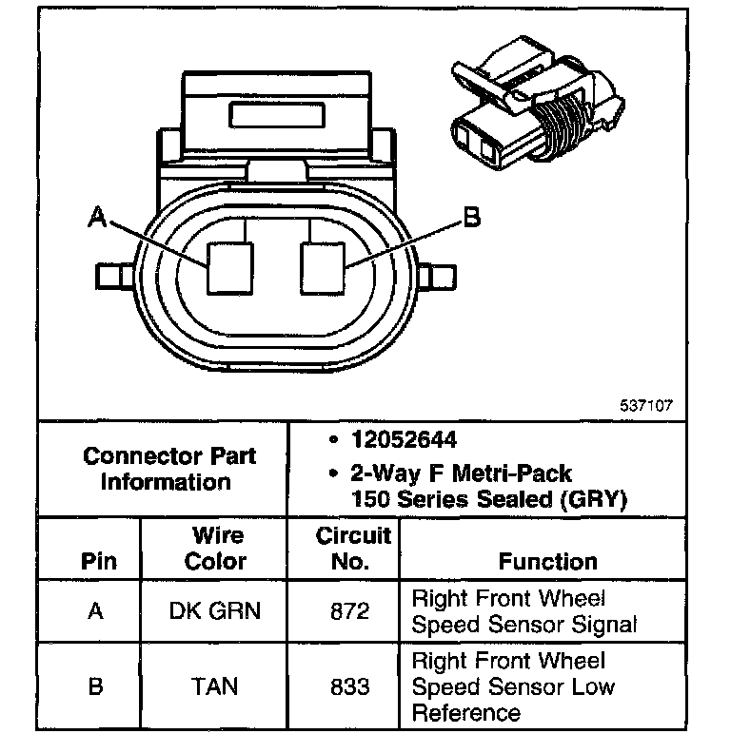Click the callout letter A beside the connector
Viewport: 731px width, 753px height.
point(96,218)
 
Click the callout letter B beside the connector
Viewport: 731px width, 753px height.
point(471,218)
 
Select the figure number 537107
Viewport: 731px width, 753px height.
point(646,404)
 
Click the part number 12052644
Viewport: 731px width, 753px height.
point(403,440)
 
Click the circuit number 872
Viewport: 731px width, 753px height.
point(349,611)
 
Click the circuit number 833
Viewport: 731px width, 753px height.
point(349,685)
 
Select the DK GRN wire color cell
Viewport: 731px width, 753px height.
point(214,611)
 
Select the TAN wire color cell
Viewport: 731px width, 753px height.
point(214,685)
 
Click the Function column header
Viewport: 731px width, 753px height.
point(547,561)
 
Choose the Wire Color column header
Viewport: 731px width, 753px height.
point(215,548)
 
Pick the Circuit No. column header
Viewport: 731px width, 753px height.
point(352,548)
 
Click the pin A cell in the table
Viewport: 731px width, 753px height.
point(95,611)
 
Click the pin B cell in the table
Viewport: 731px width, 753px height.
point(95,685)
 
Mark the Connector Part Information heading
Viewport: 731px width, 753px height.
point(168,468)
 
